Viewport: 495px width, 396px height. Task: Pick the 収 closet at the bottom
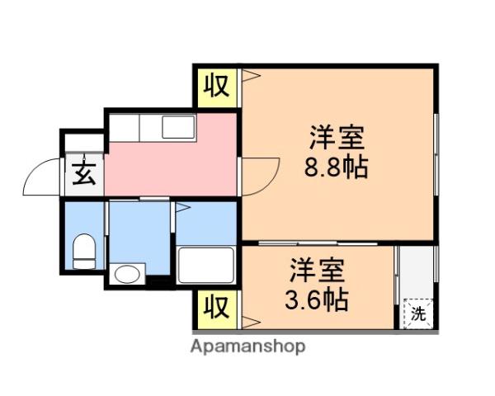pos(216,309)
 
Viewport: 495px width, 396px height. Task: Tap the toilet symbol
pos(84,250)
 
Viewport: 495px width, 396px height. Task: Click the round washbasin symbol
pos(126,274)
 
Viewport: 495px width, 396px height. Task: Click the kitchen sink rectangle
pos(177,128)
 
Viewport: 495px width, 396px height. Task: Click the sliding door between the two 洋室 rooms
pos(313,243)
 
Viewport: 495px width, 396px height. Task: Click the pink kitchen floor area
pos(165,165)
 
